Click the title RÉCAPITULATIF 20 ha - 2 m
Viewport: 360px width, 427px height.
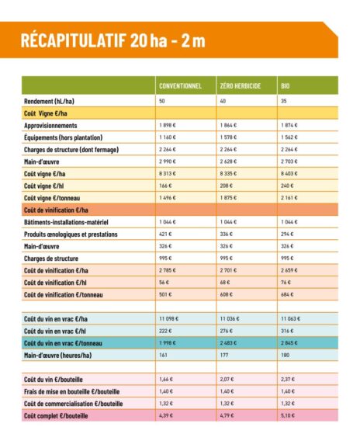click(112, 40)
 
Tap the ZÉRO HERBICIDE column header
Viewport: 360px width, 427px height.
click(242, 85)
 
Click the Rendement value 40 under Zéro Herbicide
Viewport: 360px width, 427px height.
click(224, 101)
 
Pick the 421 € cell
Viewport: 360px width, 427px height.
click(165, 234)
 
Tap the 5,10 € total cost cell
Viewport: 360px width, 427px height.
click(287, 416)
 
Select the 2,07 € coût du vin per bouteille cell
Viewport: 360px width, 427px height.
click(227, 379)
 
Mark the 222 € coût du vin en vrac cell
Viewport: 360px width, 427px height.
click(165, 331)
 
